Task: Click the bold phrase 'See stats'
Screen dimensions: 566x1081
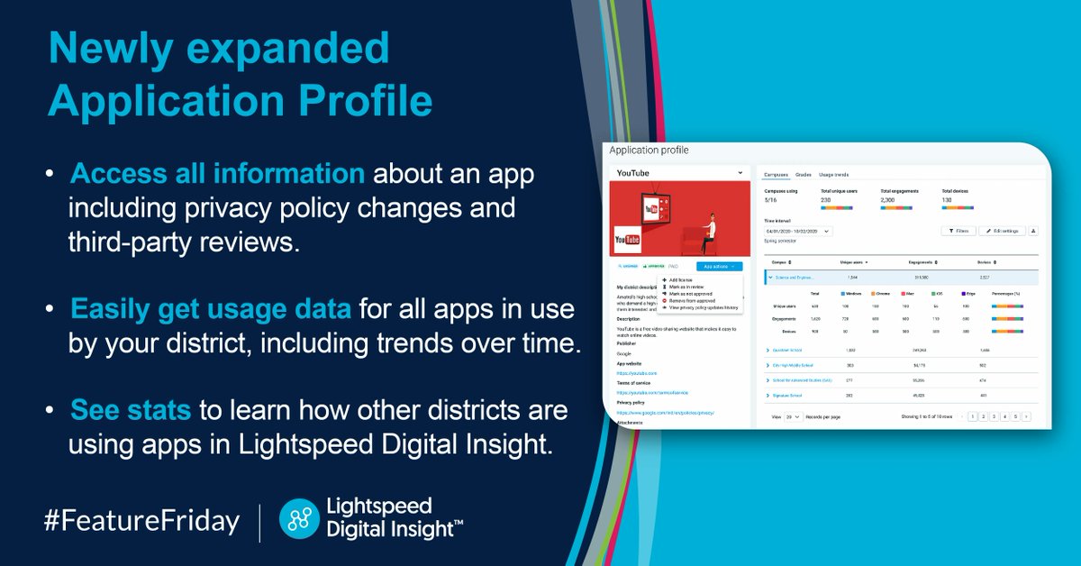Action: (130, 410)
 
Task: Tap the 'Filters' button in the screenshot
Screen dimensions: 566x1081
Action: (958, 231)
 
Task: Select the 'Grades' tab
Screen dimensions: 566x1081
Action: (804, 174)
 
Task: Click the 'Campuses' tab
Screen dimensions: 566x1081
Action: (776, 174)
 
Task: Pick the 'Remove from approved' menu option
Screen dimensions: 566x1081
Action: (692, 300)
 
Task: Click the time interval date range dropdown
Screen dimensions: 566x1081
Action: (798, 231)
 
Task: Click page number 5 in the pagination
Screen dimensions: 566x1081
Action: (1014, 417)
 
